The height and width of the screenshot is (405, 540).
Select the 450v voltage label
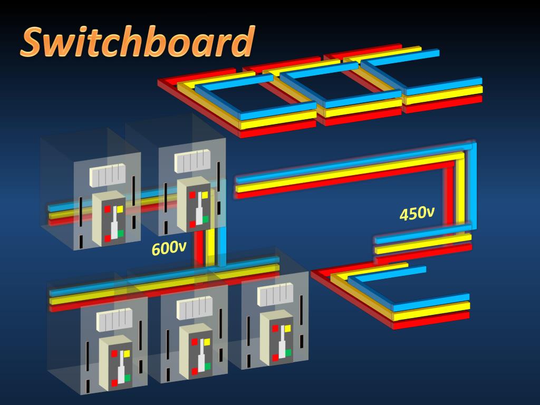(417, 214)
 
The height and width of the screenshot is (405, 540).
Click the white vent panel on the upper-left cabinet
(107, 175)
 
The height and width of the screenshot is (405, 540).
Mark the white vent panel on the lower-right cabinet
(275, 294)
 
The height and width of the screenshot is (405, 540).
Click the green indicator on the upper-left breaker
(120, 233)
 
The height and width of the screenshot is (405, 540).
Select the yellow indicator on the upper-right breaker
(205, 195)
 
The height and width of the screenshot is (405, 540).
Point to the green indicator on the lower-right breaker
(289, 352)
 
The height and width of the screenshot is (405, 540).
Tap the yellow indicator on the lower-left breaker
(127, 352)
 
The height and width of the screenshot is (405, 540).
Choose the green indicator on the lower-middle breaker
(207, 365)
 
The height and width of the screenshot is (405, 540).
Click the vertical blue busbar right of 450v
(474, 187)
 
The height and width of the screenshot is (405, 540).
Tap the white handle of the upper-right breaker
(198, 211)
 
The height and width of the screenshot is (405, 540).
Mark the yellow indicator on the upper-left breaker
(120, 209)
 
